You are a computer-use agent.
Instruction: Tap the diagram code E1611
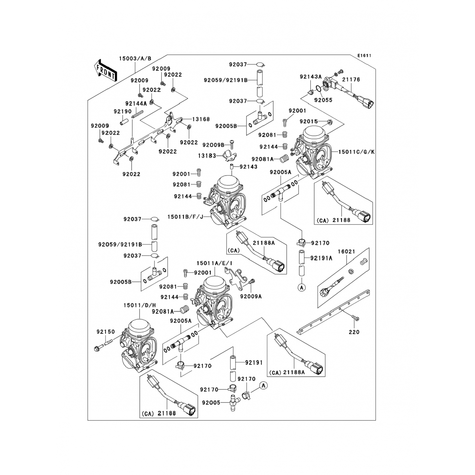(x=364, y=56)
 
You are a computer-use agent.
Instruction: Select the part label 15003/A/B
(x=135, y=59)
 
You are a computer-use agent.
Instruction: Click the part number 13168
(x=201, y=119)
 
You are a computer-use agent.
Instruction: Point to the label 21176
(x=351, y=79)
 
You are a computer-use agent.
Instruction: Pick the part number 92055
(x=323, y=100)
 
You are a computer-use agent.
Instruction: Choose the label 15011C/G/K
(x=356, y=152)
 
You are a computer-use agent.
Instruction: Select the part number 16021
(x=346, y=251)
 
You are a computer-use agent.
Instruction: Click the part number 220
(x=354, y=332)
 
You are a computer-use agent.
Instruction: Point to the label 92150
(x=106, y=332)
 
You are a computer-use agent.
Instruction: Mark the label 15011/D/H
(x=140, y=305)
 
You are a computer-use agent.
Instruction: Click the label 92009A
(x=251, y=296)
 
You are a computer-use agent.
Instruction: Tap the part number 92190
(x=123, y=111)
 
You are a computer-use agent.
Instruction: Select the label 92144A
(x=136, y=103)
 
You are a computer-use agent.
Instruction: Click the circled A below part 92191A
(x=302, y=288)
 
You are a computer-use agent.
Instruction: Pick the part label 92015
(x=308, y=122)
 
